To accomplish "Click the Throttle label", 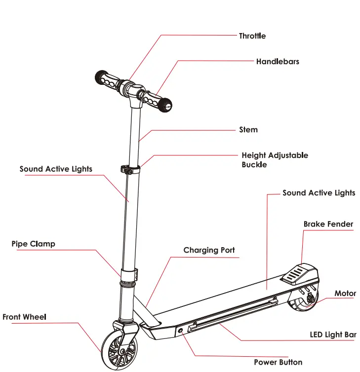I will (x=252, y=36).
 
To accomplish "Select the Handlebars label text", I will (x=277, y=62).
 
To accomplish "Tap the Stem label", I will (x=248, y=130).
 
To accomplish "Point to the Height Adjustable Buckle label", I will (x=274, y=160).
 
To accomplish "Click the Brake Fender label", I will (x=328, y=224).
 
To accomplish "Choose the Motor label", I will (x=345, y=294).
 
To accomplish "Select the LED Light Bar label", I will (x=333, y=335).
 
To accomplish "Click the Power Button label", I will (x=278, y=362).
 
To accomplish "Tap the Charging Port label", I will (x=209, y=251).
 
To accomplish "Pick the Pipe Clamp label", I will (x=34, y=244).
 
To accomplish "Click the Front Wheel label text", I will (x=24, y=317).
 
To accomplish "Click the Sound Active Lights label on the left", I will (x=56, y=169).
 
